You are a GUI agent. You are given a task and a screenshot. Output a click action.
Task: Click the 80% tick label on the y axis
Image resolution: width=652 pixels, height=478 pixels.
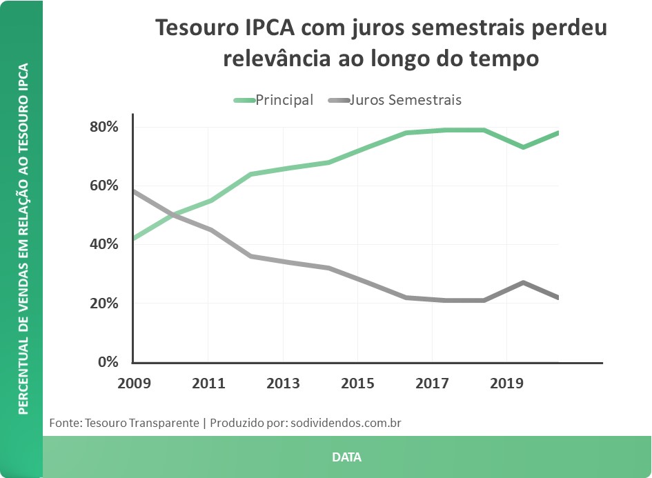[104, 128]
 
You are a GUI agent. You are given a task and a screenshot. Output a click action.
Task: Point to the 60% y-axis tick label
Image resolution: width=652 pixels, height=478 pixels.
[104, 186]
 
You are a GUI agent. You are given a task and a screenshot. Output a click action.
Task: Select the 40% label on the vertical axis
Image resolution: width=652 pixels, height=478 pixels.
[104, 245]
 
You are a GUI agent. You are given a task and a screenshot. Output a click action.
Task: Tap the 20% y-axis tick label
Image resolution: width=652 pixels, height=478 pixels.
[104, 303]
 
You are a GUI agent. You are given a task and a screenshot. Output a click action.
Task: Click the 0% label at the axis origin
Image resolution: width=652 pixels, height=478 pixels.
[108, 362]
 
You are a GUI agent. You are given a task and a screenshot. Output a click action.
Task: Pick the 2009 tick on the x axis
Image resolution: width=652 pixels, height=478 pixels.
[133, 383]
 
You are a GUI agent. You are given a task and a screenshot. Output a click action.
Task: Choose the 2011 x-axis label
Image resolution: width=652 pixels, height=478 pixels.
[208, 383]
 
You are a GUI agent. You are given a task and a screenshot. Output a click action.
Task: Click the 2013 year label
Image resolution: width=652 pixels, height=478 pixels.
[283, 383]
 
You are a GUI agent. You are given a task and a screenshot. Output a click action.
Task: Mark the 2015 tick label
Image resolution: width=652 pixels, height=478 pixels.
[357, 383]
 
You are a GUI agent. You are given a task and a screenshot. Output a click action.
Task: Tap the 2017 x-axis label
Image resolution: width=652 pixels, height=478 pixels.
[432, 383]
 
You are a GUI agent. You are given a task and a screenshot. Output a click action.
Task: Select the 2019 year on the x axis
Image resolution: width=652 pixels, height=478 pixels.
[506, 383]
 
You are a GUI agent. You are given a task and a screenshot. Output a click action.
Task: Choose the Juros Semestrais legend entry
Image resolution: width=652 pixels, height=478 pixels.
[405, 100]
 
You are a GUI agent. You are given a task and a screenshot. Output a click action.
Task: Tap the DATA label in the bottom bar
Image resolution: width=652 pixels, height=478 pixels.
[346, 457]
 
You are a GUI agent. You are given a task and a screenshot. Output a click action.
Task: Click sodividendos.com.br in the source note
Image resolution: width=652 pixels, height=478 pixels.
[346, 422]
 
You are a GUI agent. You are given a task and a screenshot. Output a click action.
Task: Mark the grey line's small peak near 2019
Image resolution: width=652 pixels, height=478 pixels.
[524, 283]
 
